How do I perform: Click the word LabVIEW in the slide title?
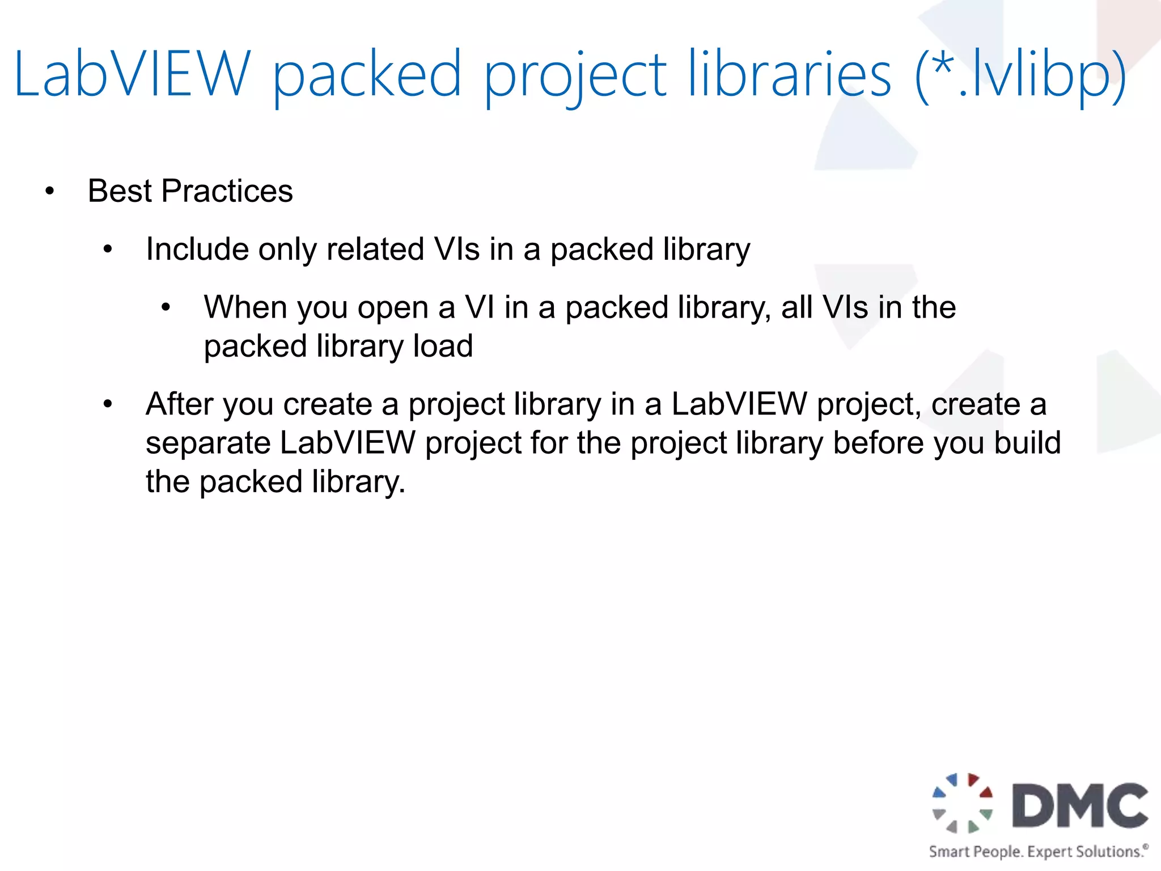(132, 74)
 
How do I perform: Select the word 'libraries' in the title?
(789, 74)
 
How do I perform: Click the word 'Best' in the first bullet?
(120, 191)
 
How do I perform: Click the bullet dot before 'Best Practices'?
(50, 192)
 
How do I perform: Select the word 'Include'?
(197, 249)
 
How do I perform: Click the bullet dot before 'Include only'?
(108, 250)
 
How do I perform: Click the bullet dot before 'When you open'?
(166, 308)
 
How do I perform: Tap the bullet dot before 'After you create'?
(108, 405)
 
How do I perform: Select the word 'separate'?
(207, 443)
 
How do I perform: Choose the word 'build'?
(1027, 443)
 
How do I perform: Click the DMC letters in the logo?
(1081, 806)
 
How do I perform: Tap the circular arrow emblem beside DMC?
(963, 803)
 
